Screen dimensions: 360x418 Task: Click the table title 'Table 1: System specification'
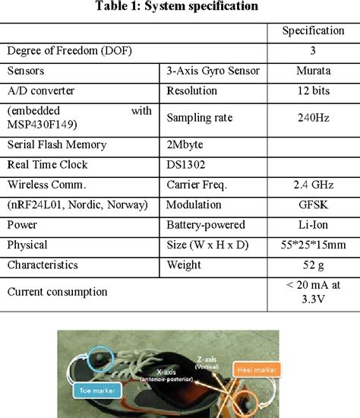(x=179, y=8)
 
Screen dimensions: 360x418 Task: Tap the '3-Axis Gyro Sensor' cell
(x=212, y=71)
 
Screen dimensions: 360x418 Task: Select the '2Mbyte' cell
(x=187, y=145)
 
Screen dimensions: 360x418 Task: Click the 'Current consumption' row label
(x=56, y=291)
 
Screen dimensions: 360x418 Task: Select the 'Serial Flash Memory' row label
(x=57, y=145)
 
